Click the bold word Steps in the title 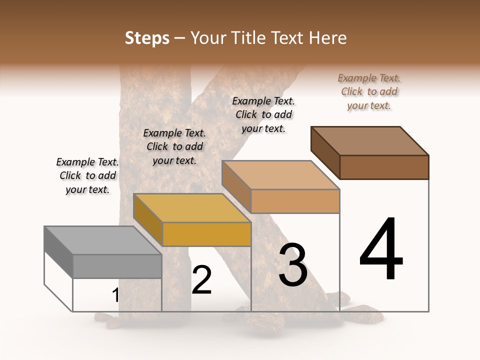147,38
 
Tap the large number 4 381,249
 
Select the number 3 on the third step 293,265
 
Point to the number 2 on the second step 201,280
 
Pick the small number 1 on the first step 115,295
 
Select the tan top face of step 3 280,175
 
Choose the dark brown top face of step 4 370,140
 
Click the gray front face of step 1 117,266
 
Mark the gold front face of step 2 206,234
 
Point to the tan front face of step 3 295,201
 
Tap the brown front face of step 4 384,167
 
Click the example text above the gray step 87,175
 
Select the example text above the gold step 174,146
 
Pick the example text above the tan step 263,114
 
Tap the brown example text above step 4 369,91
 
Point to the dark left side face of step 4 325,152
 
